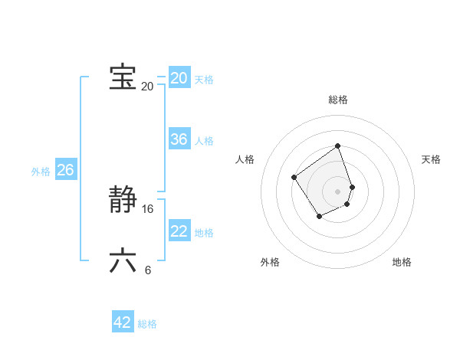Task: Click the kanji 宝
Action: [123, 77]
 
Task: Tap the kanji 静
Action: [123, 201]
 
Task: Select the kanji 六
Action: [123, 260]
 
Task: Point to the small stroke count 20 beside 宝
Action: [147, 86]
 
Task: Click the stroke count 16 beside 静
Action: [148, 209]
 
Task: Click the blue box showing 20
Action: [179, 78]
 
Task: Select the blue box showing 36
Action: [179, 139]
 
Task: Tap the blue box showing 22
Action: [179, 231]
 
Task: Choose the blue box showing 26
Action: [65, 170]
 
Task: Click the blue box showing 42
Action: [123, 322]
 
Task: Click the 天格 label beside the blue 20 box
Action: [204, 80]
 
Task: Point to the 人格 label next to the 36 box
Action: [204, 141]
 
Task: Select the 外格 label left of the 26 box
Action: [41, 172]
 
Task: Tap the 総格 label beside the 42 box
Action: [147, 324]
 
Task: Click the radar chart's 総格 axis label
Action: [338, 100]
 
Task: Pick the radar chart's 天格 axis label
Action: [431, 159]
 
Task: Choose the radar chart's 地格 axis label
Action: [402, 262]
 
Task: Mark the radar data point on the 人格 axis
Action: [294, 178]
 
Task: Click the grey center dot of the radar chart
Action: [338, 191]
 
